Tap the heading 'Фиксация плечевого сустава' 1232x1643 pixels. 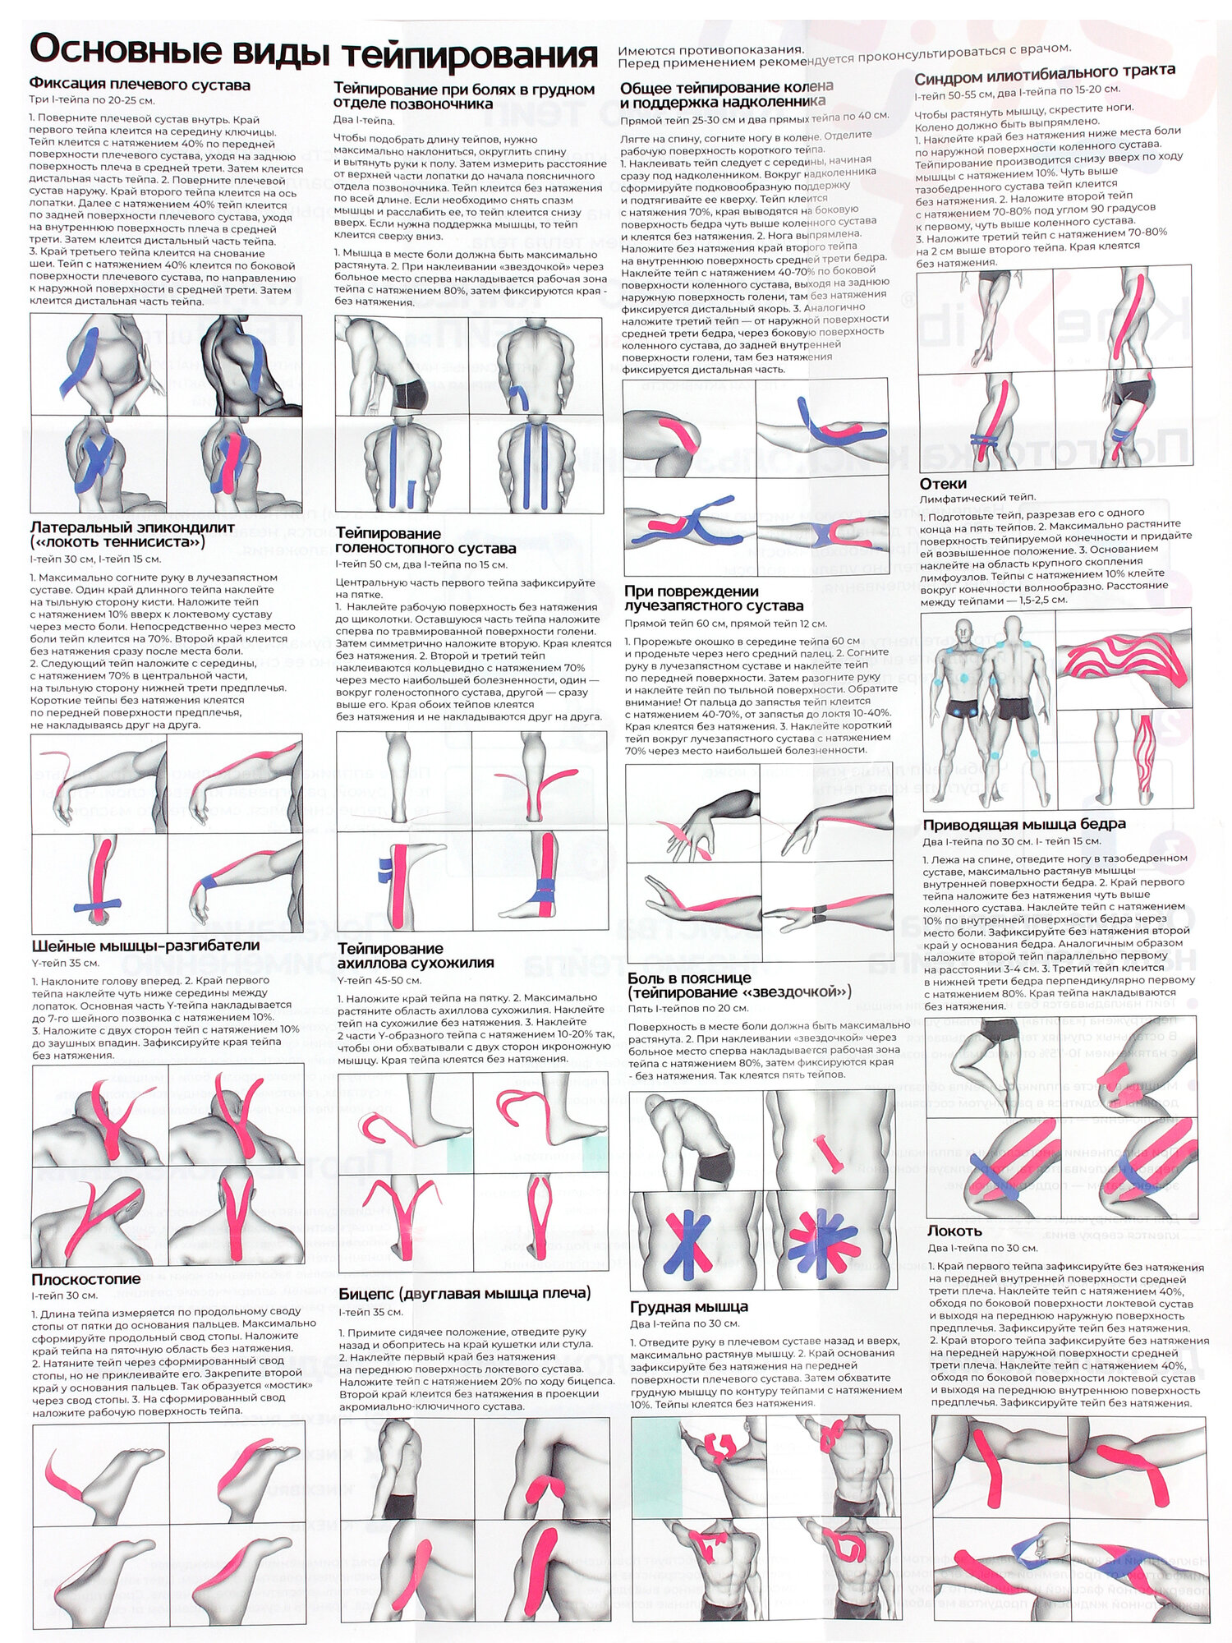[140, 85]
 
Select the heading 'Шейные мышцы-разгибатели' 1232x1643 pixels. [145, 946]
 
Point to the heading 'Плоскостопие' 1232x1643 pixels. [86, 1279]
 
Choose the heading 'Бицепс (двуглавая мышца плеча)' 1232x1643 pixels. [464, 1293]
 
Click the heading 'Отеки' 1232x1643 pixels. [943, 484]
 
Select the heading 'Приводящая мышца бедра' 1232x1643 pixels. [1024, 824]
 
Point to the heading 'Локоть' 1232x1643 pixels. [954, 1231]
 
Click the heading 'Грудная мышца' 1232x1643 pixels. [688, 1307]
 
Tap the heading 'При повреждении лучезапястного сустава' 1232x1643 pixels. [713, 598]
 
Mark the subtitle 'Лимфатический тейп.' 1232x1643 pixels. [977, 498]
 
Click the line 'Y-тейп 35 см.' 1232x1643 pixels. [65, 962]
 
